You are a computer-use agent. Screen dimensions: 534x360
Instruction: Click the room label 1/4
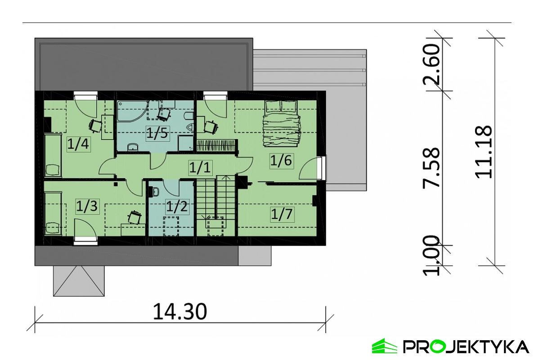coord(78,144)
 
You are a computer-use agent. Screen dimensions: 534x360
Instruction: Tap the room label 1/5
coord(157,133)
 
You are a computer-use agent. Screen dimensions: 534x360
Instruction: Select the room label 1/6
coord(281,160)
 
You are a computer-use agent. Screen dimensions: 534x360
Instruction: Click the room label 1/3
coord(86,206)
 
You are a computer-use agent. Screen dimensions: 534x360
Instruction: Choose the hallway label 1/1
coord(200,167)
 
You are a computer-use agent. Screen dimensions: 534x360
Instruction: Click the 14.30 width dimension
coord(179,312)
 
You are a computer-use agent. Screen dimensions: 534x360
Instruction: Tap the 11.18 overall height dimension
coord(484,152)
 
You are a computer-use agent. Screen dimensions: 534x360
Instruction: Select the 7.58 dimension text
coord(431,167)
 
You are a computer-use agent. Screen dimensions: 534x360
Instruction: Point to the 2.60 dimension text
coord(431,65)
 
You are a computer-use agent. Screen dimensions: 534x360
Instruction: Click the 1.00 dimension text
coord(431,255)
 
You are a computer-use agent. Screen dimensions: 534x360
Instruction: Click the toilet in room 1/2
coord(154,192)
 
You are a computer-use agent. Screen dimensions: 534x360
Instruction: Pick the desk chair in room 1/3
coord(135,217)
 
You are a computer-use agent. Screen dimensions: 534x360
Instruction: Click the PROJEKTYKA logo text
coord(466,346)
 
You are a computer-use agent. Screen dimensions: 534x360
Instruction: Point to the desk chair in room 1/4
coord(95,126)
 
